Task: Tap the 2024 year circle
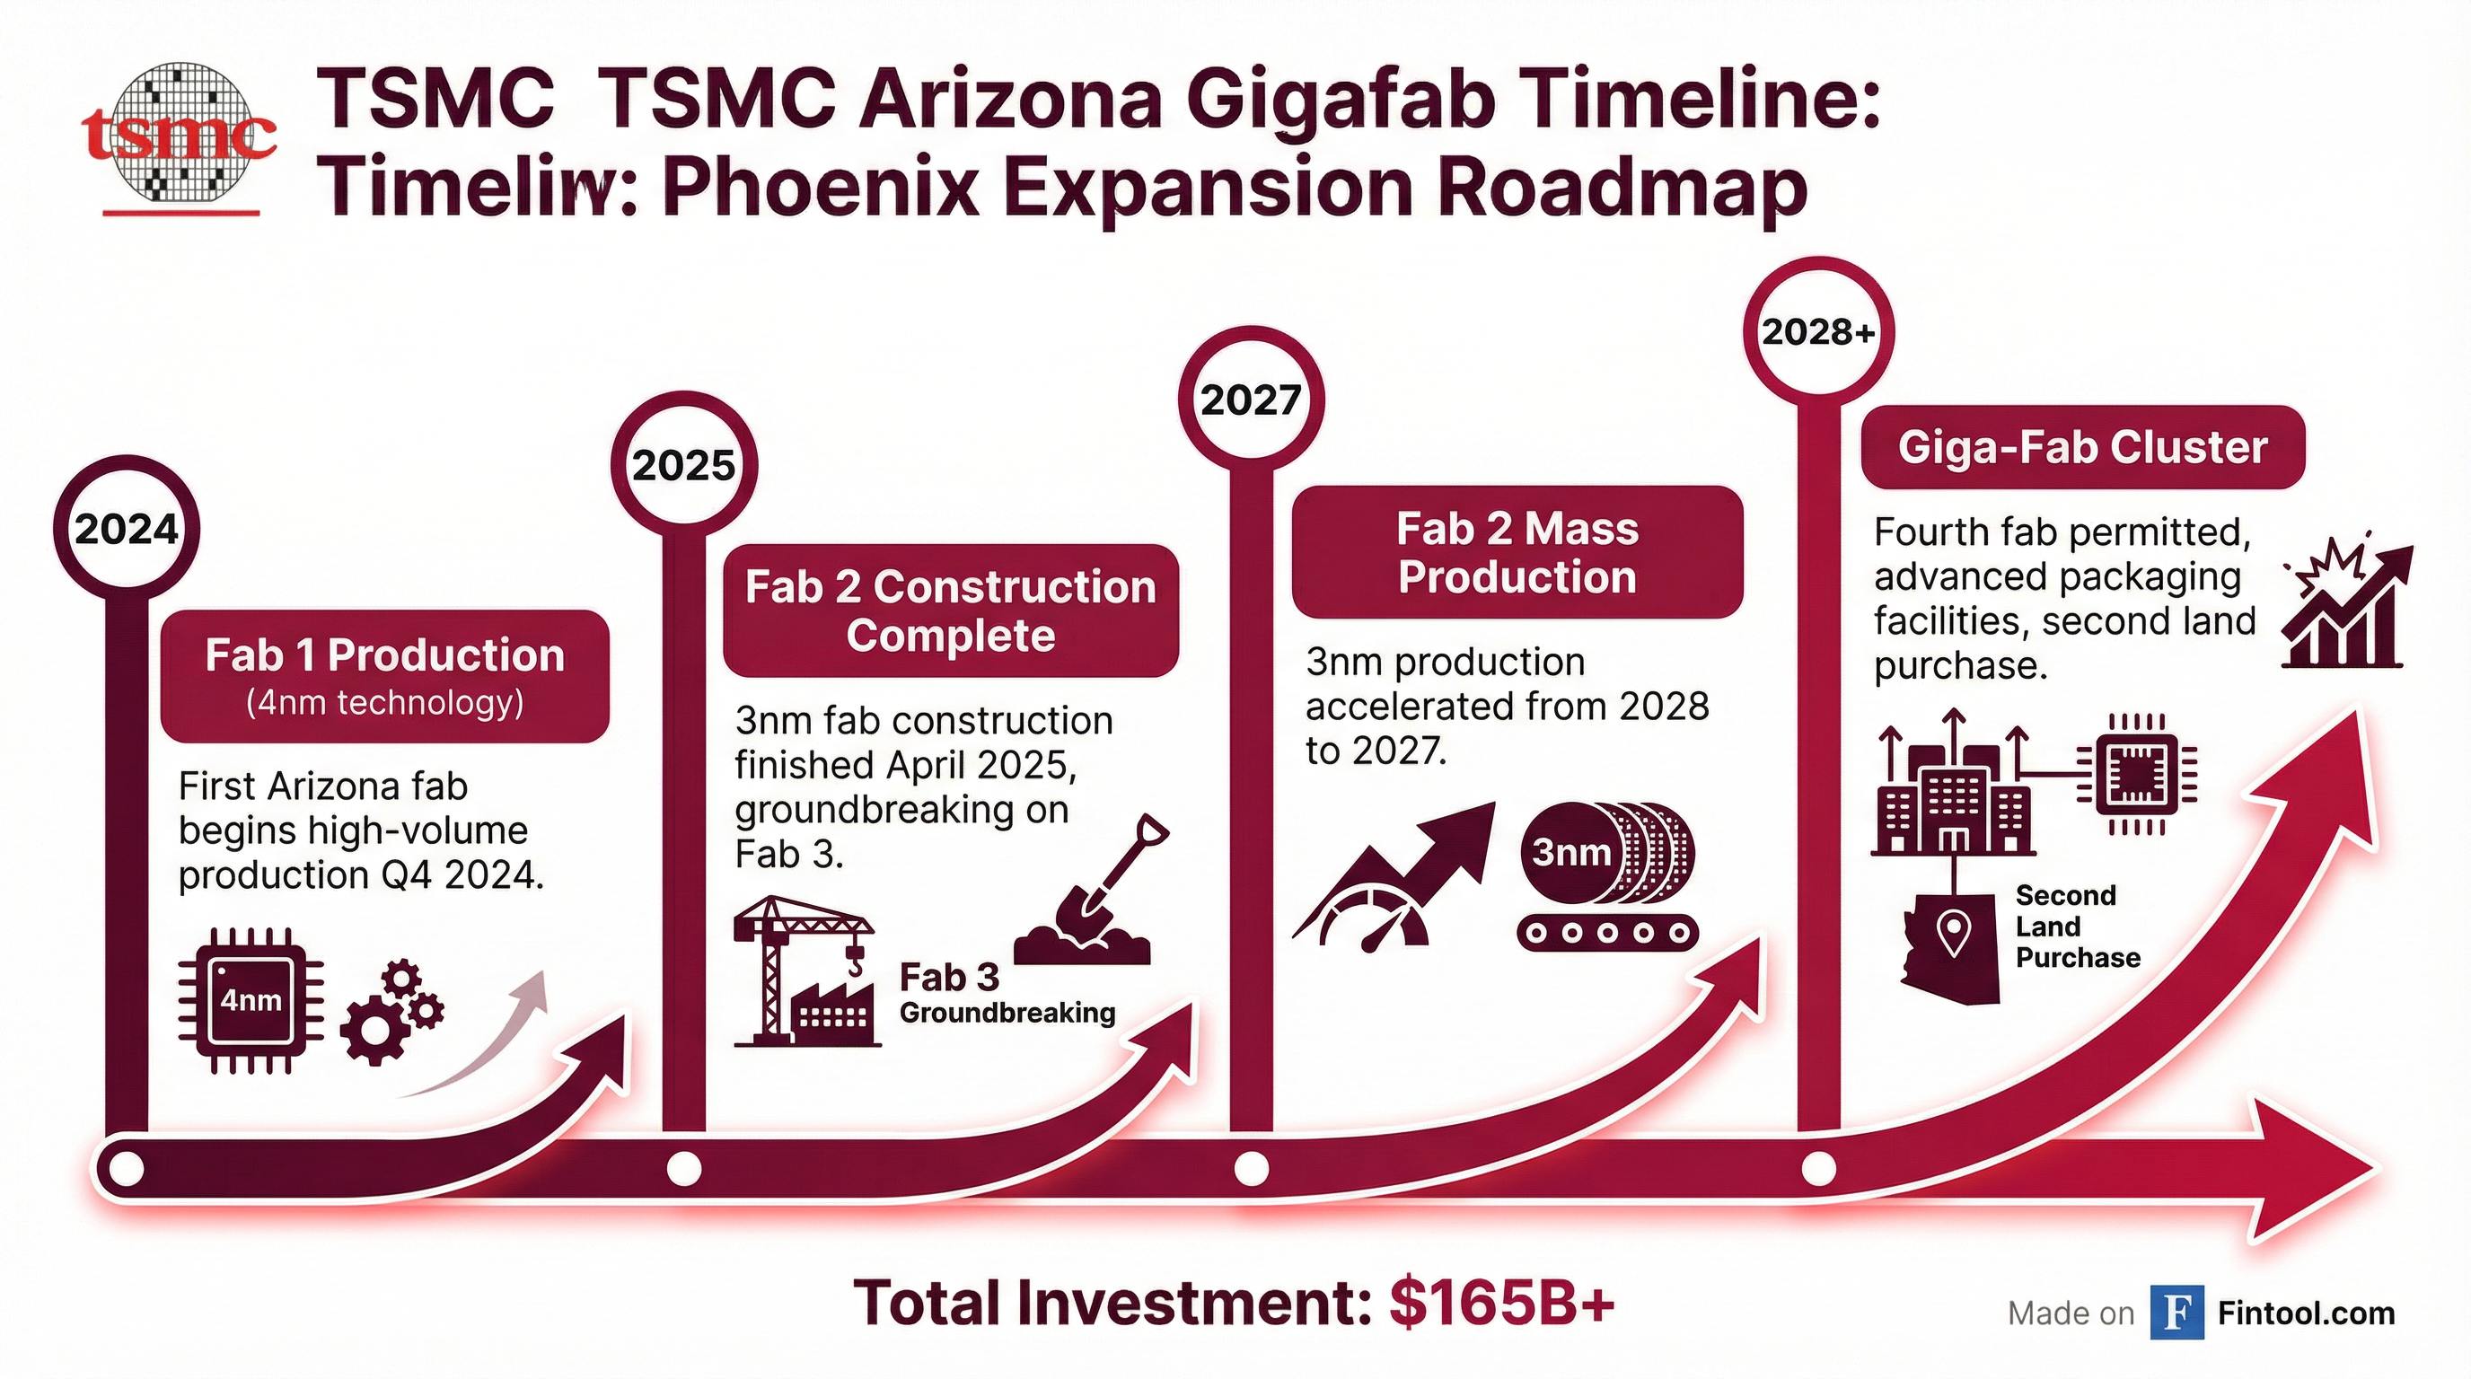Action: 127,530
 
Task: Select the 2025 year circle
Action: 684,466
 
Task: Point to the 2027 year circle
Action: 1251,400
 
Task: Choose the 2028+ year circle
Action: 1817,332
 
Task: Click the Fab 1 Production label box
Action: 384,675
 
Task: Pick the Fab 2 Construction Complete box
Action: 950,610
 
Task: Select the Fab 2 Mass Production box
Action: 1517,552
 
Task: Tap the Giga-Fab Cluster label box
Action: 2082,448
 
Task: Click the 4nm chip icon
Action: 251,1000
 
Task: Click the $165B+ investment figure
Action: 1502,1304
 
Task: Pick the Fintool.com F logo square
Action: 2176,1312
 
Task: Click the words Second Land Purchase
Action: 2077,927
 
